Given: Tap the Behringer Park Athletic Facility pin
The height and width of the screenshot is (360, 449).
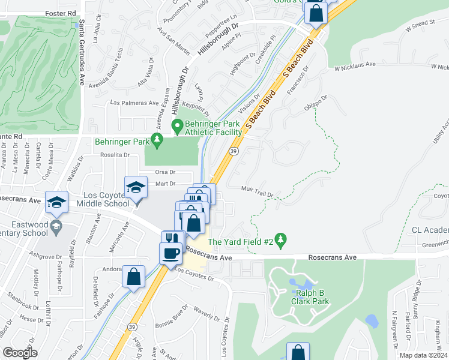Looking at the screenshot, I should pyautogui.click(x=177, y=127).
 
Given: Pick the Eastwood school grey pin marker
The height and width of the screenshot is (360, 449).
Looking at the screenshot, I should pyautogui.click(x=56, y=226).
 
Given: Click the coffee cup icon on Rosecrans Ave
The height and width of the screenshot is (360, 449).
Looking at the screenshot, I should pyautogui.click(x=172, y=253).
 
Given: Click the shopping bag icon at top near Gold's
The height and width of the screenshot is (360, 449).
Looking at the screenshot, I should pyautogui.click(x=316, y=11).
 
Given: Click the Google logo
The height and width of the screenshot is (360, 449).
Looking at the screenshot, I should pyautogui.click(x=20, y=352).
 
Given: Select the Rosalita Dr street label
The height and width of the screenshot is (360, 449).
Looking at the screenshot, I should pyautogui.click(x=115, y=154).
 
